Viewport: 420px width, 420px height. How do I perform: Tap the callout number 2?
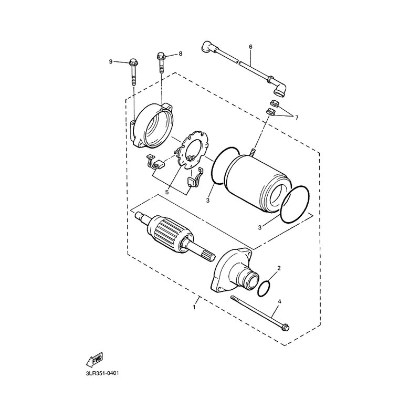pos(279,268)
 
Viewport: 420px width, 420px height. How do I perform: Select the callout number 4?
pos(279,301)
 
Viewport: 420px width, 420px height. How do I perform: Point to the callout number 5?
pos(167,192)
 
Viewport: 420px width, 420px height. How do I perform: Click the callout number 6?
pos(250,47)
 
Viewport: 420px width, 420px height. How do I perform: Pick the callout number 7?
pos(296,118)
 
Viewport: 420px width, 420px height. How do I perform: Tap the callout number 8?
pos(181,54)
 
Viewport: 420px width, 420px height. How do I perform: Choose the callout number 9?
pos(111,62)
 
